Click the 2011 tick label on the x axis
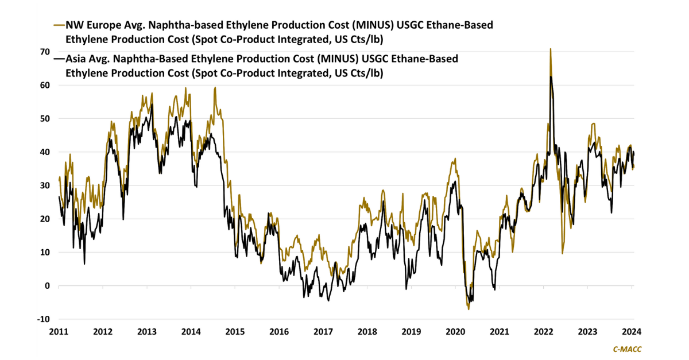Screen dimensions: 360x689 coord(59,332)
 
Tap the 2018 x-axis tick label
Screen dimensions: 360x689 coord(367,332)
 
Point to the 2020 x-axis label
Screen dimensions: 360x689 coord(455,332)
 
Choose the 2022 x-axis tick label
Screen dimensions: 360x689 coord(543,332)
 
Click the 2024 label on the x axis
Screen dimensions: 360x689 coord(632,332)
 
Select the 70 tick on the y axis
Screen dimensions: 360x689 coord(44,52)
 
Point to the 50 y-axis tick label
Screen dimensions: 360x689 coord(44,118)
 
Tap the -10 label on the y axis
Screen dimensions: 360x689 coord(42,319)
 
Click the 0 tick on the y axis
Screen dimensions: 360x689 coord(47,285)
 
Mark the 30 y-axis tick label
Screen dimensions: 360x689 coord(44,185)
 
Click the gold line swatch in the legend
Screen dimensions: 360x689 coord(59,25)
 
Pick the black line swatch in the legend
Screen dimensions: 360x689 coord(59,59)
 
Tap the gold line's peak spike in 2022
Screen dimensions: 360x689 coord(551,49)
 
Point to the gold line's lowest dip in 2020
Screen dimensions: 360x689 coord(469,309)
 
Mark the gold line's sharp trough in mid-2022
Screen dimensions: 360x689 coord(562,253)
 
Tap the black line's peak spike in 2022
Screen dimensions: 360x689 coord(551,76)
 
